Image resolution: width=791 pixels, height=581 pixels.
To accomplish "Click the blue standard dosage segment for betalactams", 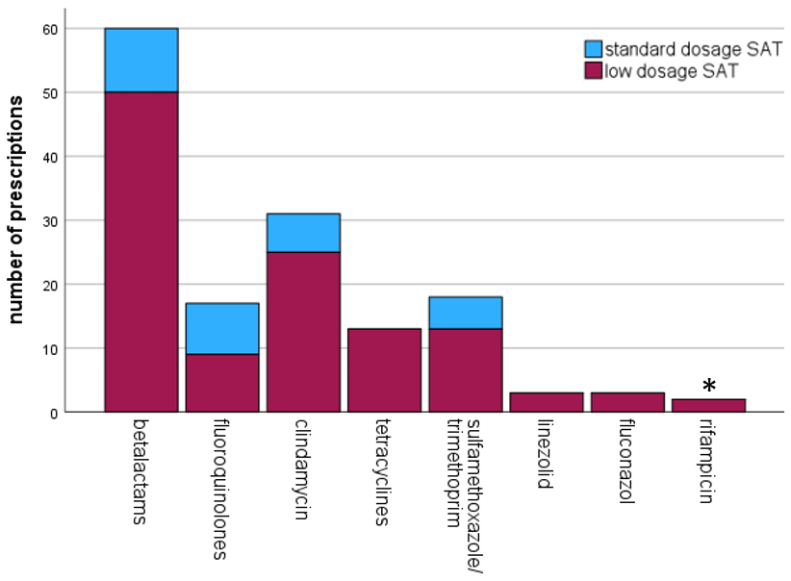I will (140, 61).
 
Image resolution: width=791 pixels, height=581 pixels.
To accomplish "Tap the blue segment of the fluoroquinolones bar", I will (222, 329).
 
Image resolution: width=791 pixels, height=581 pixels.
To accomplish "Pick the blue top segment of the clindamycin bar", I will (303, 233).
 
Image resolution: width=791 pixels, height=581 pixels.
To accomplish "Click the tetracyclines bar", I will (385, 370).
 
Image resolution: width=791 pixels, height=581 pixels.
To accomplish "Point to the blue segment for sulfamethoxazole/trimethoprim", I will (466, 313).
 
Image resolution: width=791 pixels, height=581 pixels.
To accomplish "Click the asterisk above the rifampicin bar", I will (709, 387).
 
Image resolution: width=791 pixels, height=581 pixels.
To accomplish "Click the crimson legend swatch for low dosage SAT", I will (593, 70).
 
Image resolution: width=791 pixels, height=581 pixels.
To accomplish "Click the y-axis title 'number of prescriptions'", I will (17, 221).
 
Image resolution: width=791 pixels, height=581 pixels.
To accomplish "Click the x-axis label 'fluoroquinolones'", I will (222, 488).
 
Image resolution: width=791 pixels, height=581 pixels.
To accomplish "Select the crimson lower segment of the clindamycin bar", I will (303, 332).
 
